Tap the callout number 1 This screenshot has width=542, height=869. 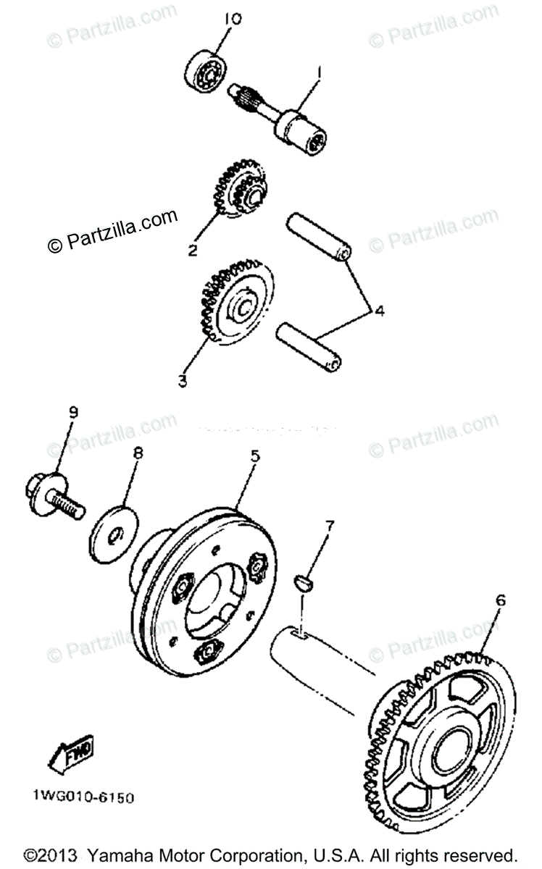(317, 72)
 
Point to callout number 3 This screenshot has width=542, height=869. (183, 379)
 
